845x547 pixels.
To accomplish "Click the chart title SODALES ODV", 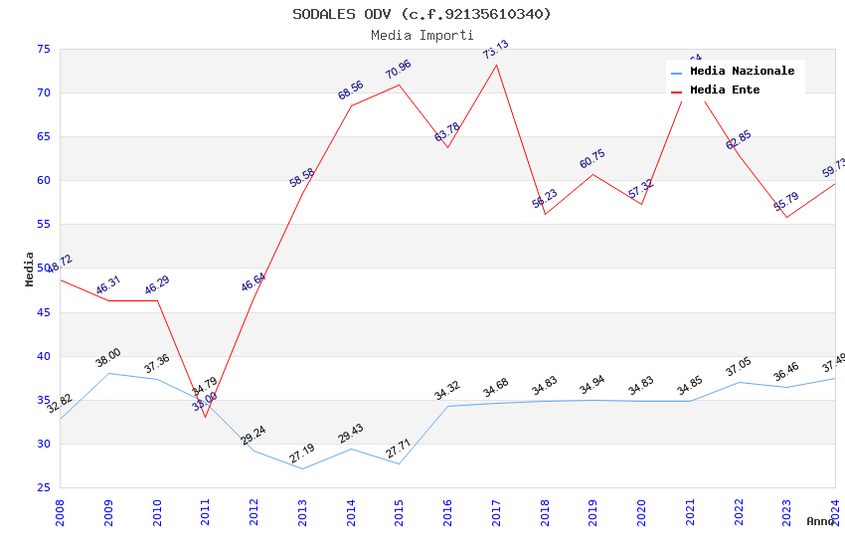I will point(422,14).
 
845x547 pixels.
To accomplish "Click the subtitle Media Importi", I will point(422,35).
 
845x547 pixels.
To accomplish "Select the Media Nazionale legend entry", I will point(742,71).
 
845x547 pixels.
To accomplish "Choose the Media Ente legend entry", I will point(725,90).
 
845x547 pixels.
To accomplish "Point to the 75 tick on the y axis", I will point(43,49).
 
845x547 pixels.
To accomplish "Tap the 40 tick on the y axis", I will point(43,356).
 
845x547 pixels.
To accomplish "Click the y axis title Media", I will point(30,268).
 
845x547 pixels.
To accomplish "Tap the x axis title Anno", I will point(820,521).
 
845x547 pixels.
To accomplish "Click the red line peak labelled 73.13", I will point(496,65).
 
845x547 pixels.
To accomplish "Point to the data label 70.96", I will point(398,70).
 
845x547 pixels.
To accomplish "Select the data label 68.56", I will point(350,91).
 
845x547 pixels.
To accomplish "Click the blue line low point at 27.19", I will point(302,468).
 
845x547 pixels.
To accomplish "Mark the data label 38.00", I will point(108,358).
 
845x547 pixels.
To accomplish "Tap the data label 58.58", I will point(302,178).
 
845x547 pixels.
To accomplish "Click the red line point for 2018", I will point(545,214).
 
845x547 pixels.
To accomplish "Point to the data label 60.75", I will point(592,159).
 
